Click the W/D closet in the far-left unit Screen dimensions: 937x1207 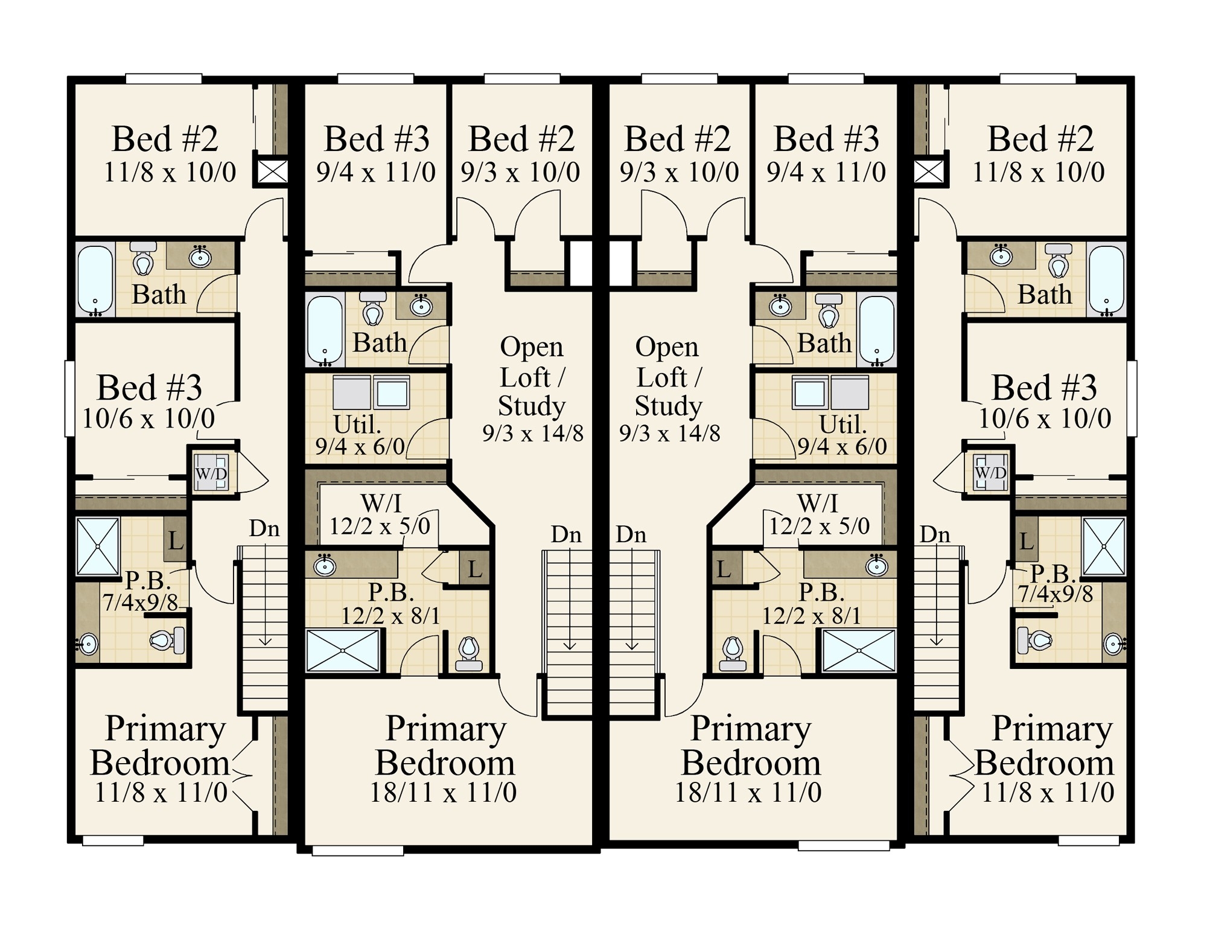click(211, 473)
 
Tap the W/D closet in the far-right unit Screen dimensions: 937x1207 click(990, 472)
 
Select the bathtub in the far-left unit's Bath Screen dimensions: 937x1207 click(95, 280)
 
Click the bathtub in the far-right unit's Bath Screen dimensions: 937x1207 click(1106, 280)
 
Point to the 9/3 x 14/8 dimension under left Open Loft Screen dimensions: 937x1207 click(532, 433)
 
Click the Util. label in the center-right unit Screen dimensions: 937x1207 click(842, 425)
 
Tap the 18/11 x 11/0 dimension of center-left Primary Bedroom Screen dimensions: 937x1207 click(443, 792)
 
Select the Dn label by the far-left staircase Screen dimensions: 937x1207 click(264, 529)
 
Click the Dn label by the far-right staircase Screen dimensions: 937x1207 click(935, 534)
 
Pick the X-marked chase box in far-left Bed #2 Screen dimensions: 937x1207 click(273, 171)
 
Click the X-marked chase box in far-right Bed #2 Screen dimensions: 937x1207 click(929, 171)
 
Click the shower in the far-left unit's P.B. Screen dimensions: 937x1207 click(98, 546)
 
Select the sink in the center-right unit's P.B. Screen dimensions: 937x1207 click(876, 566)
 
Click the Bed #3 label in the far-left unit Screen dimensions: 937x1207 click(149, 388)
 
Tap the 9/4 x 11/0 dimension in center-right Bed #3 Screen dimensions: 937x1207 click(826, 173)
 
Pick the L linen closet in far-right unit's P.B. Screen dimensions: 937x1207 click(1026, 541)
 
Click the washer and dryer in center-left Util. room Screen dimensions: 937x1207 click(372, 392)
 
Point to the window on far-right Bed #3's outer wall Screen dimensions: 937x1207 click(1132, 398)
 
